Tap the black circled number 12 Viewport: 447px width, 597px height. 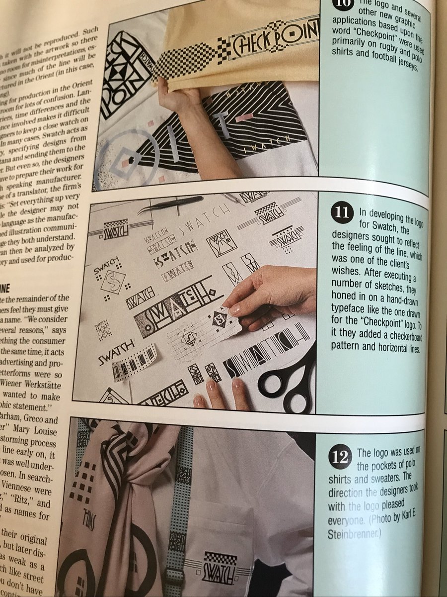(340, 456)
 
